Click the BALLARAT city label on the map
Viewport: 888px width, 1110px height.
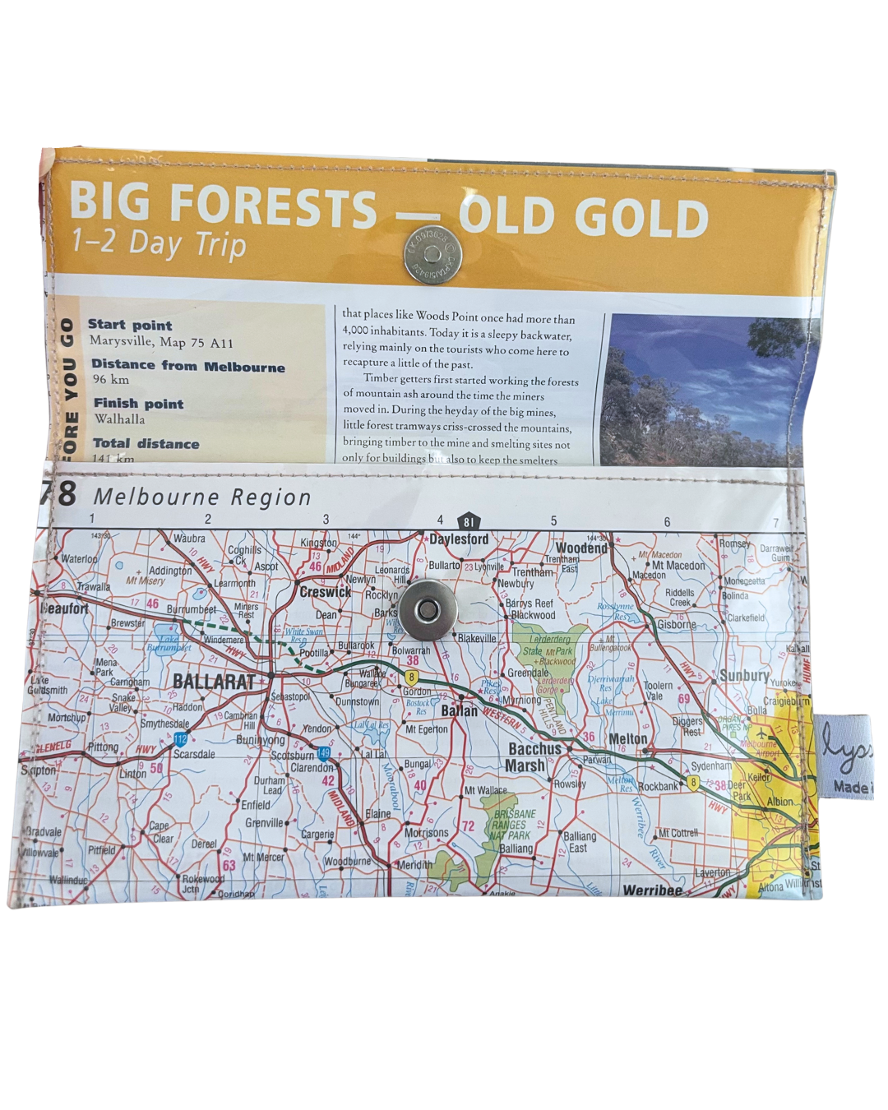(x=214, y=682)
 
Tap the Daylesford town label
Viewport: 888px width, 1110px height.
(x=459, y=539)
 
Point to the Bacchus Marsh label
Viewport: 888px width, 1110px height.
(x=534, y=757)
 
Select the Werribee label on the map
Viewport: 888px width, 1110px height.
(x=652, y=890)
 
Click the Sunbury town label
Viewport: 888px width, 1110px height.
(x=744, y=676)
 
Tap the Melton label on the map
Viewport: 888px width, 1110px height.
(x=627, y=739)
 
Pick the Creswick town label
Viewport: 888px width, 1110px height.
(x=325, y=592)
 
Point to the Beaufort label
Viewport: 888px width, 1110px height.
(x=64, y=608)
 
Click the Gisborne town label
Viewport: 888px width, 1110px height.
(x=676, y=625)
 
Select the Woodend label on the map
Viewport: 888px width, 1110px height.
(x=581, y=548)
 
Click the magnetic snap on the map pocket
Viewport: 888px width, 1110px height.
(x=426, y=610)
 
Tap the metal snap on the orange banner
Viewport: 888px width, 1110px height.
(x=432, y=253)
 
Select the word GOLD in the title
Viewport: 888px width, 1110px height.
(x=641, y=217)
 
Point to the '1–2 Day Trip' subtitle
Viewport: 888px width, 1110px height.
(x=159, y=243)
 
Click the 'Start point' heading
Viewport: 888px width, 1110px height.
(x=130, y=325)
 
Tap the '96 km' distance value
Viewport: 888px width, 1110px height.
(x=111, y=379)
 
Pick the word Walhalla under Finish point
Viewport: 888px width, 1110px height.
(x=119, y=419)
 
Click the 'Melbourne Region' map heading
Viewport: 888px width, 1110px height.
(x=202, y=497)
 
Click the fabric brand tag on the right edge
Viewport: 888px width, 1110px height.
(x=845, y=756)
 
